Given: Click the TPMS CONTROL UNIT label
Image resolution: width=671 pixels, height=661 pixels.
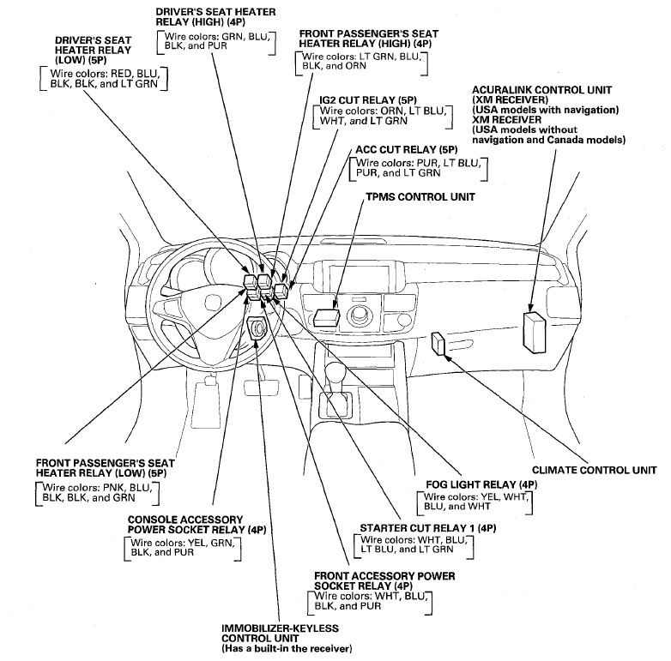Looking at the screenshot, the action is coord(420,196).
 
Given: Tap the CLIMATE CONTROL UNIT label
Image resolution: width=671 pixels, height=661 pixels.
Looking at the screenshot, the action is coord(595,470).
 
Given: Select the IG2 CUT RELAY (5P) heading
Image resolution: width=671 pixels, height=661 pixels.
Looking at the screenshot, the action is coord(368,100).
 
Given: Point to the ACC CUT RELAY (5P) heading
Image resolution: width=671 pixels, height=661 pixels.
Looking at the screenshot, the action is coord(407,150).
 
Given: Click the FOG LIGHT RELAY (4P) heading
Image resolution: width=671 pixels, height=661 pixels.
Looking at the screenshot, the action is coord(481,484).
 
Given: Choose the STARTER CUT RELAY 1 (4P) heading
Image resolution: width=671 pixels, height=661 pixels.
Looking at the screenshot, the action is coord(428,528).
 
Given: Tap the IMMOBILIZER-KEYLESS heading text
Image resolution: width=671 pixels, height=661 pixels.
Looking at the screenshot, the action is coord(280,628).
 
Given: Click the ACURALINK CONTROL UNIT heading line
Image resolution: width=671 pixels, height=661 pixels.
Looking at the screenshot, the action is coord(541,90).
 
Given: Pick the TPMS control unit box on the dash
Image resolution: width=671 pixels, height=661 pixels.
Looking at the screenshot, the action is coord(327,318).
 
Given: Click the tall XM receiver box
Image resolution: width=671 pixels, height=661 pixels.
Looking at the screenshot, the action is coord(535,332).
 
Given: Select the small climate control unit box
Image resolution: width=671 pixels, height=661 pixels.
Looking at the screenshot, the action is coord(438,344).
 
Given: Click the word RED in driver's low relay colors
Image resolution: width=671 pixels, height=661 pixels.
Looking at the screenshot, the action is coord(121,74).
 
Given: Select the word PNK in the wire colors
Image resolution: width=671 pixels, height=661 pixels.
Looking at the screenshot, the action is coord(114,488).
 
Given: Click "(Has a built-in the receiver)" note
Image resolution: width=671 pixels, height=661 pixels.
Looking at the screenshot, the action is coord(287,649).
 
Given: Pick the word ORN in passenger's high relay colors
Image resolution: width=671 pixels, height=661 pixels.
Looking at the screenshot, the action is coord(356,66).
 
